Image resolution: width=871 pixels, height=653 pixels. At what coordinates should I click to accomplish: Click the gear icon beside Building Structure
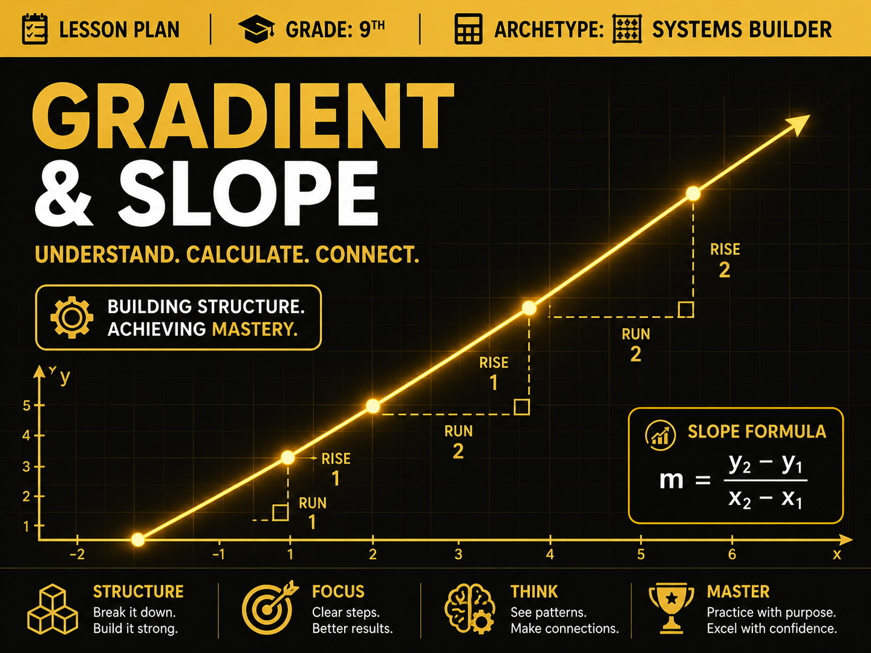72,317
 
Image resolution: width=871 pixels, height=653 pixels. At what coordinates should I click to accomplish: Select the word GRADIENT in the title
243,116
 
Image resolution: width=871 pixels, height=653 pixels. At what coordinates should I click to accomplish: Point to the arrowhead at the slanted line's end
798,124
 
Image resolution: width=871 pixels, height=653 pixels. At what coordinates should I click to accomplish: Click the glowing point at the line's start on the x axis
138,539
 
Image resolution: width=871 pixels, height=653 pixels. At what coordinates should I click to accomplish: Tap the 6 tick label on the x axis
732,554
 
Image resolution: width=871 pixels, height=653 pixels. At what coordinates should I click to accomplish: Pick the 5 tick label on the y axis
26,406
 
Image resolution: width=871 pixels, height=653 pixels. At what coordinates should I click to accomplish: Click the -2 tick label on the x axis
77,554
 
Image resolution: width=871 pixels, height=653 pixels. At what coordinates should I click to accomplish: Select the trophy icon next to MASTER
671,608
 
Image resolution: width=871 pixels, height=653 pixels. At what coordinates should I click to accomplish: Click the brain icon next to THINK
470,609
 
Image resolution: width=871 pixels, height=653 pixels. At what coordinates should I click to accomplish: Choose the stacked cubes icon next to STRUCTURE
52,609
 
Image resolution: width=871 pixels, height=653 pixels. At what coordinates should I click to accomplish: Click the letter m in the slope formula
671,480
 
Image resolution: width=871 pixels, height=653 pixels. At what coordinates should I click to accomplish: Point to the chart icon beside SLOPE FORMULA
660,435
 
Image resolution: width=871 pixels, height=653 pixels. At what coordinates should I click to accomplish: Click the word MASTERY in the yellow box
255,329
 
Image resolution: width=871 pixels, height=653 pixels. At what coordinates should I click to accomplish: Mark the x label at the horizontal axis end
837,554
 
